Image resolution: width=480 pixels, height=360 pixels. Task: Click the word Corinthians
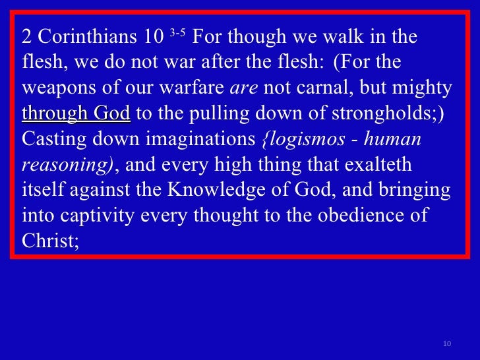[x=87, y=36]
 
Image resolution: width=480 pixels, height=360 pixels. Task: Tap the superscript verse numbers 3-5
[x=177, y=32]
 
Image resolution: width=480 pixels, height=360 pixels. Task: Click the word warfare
[x=192, y=87]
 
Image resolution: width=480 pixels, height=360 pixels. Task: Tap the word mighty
[x=422, y=88]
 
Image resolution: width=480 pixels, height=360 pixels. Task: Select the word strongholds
[x=382, y=113]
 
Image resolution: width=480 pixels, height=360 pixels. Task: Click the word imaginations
[x=200, y=139]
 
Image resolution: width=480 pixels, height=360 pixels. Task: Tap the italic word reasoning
[x=65, y=165]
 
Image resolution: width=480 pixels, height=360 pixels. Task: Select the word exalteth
[x=378, y=164]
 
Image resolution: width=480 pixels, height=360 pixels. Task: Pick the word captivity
[x=97, y=216]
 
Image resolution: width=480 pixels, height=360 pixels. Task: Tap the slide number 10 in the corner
[x=447, y=344]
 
